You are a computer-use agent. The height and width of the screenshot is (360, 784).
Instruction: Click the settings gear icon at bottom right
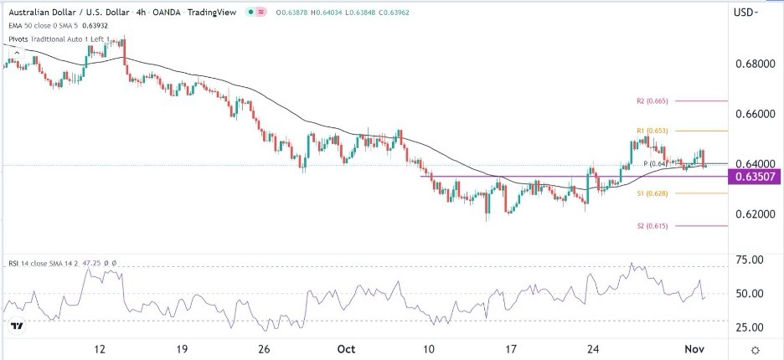[755, 349]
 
